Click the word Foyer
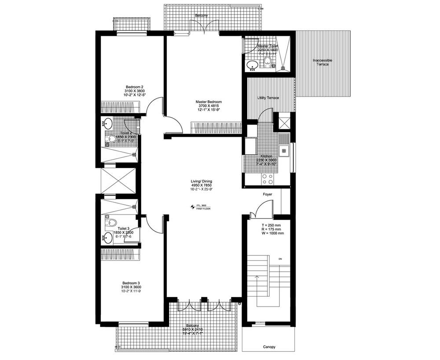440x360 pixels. (x=268, y=194)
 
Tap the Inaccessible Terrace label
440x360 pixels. (x=323, y=62)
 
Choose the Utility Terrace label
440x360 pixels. (x=268, y=98)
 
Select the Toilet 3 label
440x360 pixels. (x=123, y=229)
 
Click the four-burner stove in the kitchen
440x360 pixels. (x=268, y=178)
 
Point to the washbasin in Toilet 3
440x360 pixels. (x=107, y=239)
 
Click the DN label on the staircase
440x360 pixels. (x=280, y=259)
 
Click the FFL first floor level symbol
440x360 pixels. (x=192, y=207)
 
